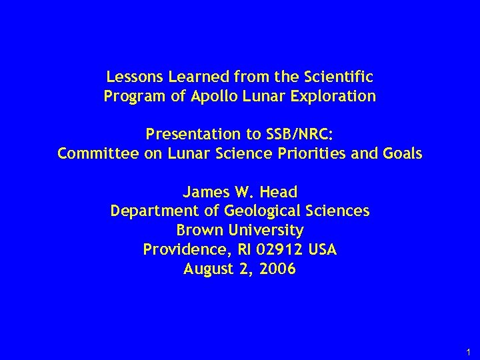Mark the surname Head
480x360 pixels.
point(281,193)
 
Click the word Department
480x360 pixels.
point(148,212)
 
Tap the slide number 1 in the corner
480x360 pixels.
point(469,351)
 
